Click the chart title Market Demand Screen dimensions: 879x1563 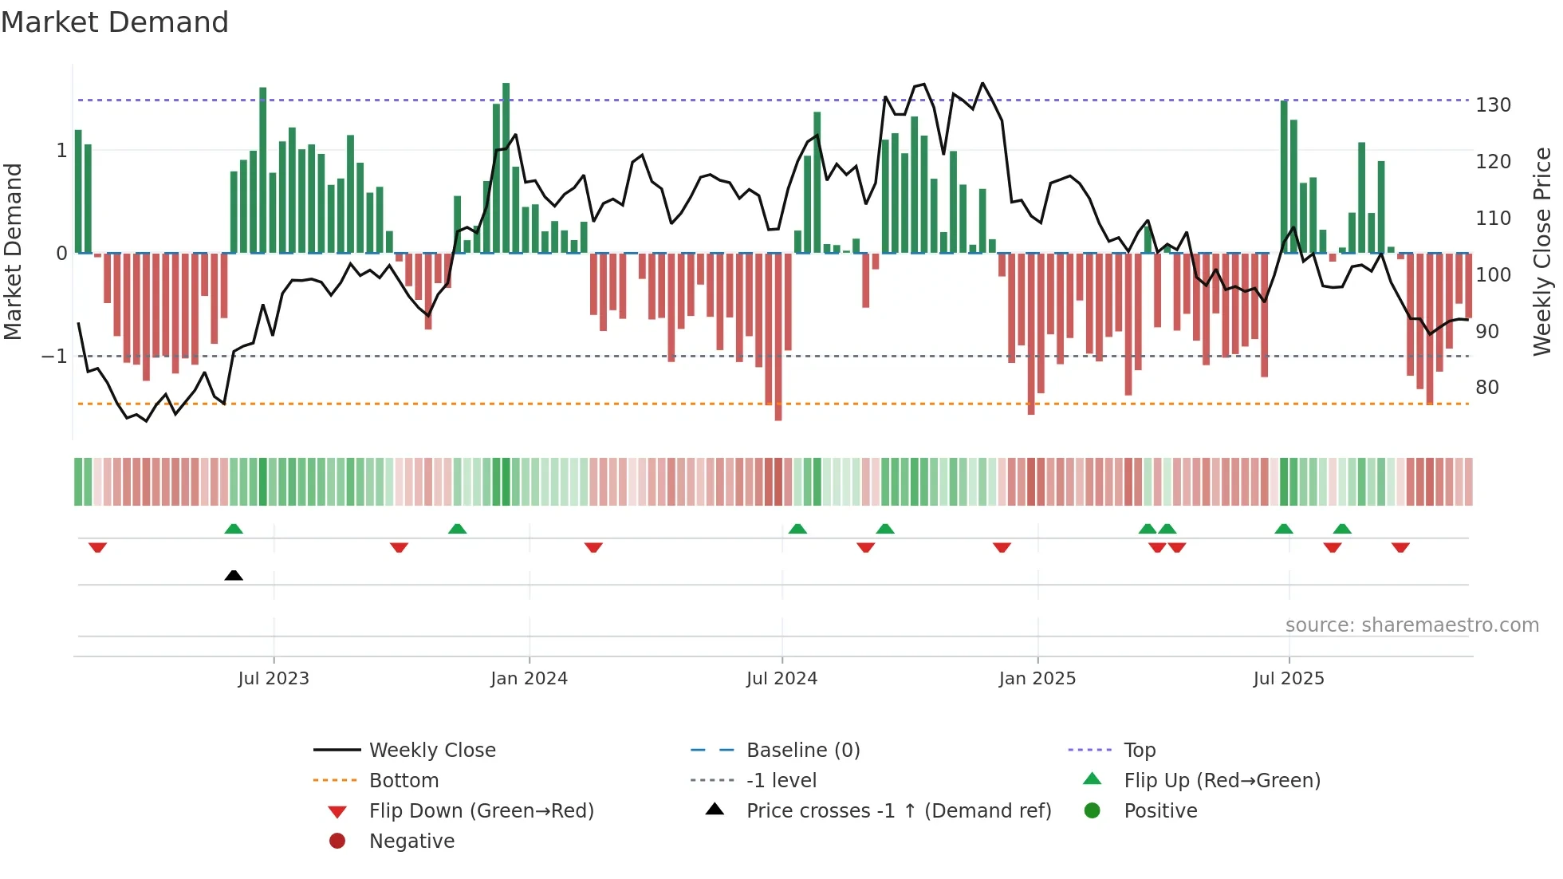[x=115, y=22]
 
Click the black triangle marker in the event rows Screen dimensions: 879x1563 [x=234, y=575]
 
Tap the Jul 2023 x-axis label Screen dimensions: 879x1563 [x=273, y=679]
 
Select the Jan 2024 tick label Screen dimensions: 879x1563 [x=529, y=679]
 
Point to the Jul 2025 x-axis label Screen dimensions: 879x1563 [x=1288, y=679]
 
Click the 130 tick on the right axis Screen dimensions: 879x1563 [x=1493, y=105]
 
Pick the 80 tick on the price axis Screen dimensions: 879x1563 [x=1486, y=388]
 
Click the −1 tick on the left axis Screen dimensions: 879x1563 [x=55, y=356]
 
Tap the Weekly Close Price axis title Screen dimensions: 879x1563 [x=1542, y=251]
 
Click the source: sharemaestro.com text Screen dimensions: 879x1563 [x=1411, y=625]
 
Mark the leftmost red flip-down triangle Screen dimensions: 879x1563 [x=97, y=547]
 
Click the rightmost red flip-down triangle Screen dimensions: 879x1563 [x=1400, y=547]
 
